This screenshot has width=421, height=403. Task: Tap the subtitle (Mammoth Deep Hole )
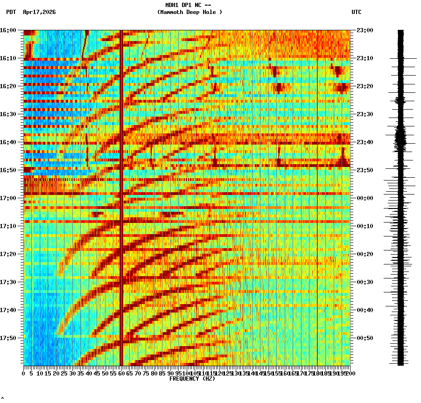[x=189, y=12]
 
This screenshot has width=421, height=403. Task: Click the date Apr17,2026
[x=39, y=12]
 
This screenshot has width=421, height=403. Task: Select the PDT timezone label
[x=11, y=12]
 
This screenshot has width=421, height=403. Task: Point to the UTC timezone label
[x=356, y=12]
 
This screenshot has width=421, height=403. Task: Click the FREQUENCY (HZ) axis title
[x=192, y=379]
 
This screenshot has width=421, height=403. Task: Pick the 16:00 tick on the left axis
[x=8, y=30]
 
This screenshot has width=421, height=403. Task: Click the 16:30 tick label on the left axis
[x=8, y=114]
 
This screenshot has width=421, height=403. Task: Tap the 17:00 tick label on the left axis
[x=8, y=198]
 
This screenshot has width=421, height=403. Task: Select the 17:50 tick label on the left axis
[x=8, y=338]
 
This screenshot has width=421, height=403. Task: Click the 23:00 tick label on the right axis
[x=364, y=30]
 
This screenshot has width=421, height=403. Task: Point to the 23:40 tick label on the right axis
[x=364, y=142]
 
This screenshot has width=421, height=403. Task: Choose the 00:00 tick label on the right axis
[x=364, y=198]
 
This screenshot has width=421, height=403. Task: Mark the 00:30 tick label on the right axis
[x=364, y=282]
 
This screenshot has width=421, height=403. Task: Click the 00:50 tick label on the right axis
[x=364, y=338]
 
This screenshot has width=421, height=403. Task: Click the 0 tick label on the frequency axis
[x=24, y=374]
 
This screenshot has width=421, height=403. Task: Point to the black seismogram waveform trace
[x=400, y=196]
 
